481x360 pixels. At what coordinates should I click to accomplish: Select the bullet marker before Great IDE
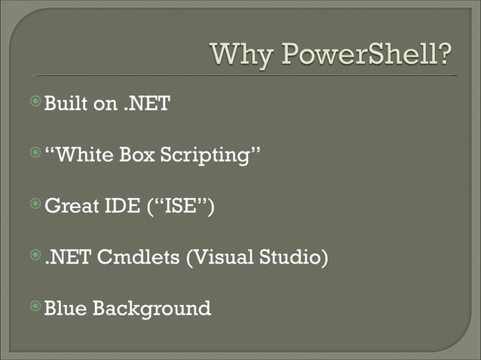coord(35,203)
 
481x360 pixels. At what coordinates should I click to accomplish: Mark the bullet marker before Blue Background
coord(35,305)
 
